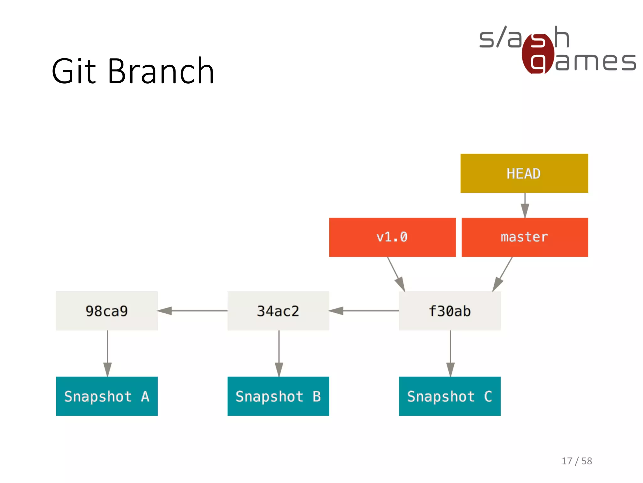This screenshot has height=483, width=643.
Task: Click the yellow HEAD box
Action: [524, 173]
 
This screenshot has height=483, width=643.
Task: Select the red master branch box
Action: [525, 237]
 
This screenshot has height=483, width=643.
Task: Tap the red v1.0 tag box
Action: [392, 237]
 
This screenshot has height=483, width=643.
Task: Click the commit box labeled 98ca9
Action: [107, 311]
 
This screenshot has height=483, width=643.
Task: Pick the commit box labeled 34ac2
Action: [278, 311]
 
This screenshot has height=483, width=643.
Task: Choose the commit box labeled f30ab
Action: [450, 311]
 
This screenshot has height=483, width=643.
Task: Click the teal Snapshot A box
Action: [107, 396]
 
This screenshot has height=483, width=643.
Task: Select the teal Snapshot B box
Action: [278, 396]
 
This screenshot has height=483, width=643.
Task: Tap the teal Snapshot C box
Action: [450, 396]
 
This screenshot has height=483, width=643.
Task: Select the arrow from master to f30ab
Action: [503, 274]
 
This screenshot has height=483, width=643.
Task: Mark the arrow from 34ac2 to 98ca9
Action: [192, 311]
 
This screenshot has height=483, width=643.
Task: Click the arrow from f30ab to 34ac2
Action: [364, 311]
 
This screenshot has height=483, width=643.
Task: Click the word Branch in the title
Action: [161, 71]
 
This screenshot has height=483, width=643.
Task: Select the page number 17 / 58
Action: [577, 461]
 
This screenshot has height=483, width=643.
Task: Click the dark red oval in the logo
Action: [538, 53]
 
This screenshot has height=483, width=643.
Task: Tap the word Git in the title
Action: [74, 71]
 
